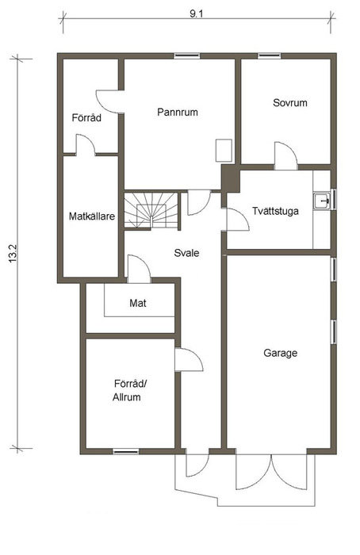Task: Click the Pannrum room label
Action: (178, 113)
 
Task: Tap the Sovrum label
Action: (290, 102)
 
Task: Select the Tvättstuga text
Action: (275, 211)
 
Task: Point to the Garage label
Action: (281, 353)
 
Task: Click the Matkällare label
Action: (92, 216)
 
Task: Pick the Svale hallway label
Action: (186, 253)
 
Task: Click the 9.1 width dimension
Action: (197, 14)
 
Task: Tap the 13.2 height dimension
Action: (13, 254)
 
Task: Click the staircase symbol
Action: (151, 211)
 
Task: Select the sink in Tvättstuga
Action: (322, 201)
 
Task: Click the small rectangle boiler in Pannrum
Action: (224, 151)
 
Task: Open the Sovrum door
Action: (285, 155)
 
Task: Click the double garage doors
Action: (271, 472)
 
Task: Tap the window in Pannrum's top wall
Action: (187, 55)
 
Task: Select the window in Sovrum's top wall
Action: (269, 55)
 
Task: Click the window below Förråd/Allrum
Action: (125, 451)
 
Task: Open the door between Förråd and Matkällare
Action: (86, 145)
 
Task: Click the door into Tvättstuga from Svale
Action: (236, 220)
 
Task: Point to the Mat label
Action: (138, 303)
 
